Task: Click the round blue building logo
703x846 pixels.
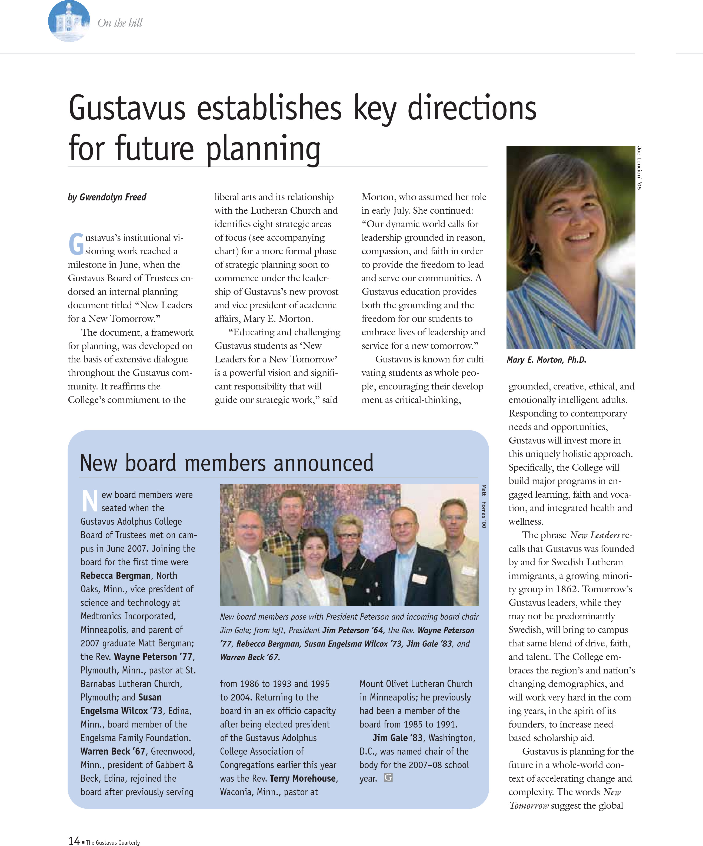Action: pyautogui.click(x=69, y=21)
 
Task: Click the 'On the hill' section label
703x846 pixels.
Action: pyautogui.click(x=120, y=23)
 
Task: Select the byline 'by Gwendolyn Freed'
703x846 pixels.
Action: pyautogui.click(x=107, y=197)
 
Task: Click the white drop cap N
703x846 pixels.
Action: pyautogui.click(x=89, y=501)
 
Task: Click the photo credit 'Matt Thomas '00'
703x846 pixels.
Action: pyautogui.click(x=484, y=506)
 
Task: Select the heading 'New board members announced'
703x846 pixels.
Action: pyautogui.click(x=227, y=462)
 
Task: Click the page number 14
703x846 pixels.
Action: pyautogui.click(x=74, y=840)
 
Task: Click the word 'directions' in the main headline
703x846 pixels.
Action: pyautogui.click(x=472, y=108)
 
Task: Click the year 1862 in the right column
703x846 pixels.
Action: pyautogui.click(x=566, y=589)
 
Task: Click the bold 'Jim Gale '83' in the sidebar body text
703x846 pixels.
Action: pyautogui.click(x=397, y=738)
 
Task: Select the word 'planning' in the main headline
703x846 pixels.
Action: pyautogui.click(x=263, y=149)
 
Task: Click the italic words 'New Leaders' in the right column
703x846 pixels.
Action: pyautogui.click(x=595, y=535)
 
